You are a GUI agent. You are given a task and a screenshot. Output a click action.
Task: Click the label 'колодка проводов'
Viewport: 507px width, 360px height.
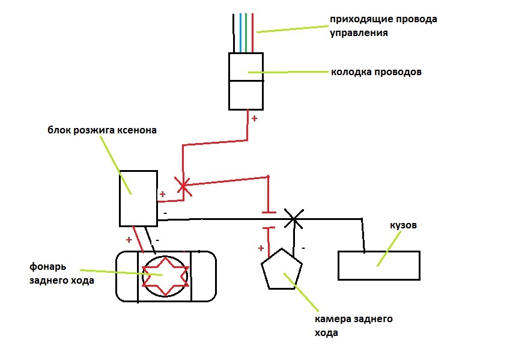pos(376,72)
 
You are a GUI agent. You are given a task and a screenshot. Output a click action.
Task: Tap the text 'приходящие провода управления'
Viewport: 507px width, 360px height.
pos(383,26)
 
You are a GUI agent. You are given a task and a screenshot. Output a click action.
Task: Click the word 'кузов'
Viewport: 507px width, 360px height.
pos(402,227)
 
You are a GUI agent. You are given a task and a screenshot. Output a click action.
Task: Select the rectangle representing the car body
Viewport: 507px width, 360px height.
pos(378,265)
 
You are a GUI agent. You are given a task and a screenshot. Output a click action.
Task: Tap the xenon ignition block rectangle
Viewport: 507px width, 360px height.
pos(138,198)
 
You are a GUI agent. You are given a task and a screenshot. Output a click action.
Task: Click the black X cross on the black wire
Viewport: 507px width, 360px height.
pos(293,219)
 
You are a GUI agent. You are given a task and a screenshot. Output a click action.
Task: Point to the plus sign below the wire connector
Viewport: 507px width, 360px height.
pos(254,118)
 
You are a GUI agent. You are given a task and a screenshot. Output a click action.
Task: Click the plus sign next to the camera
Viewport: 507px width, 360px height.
pos(261,248)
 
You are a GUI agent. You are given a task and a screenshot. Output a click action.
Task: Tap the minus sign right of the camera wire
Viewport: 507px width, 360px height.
pos(303,247)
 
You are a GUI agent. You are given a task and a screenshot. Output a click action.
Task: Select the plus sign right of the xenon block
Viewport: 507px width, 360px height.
pos(162,195)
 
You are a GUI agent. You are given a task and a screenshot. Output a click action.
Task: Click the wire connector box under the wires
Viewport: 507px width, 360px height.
pos(246,81)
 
